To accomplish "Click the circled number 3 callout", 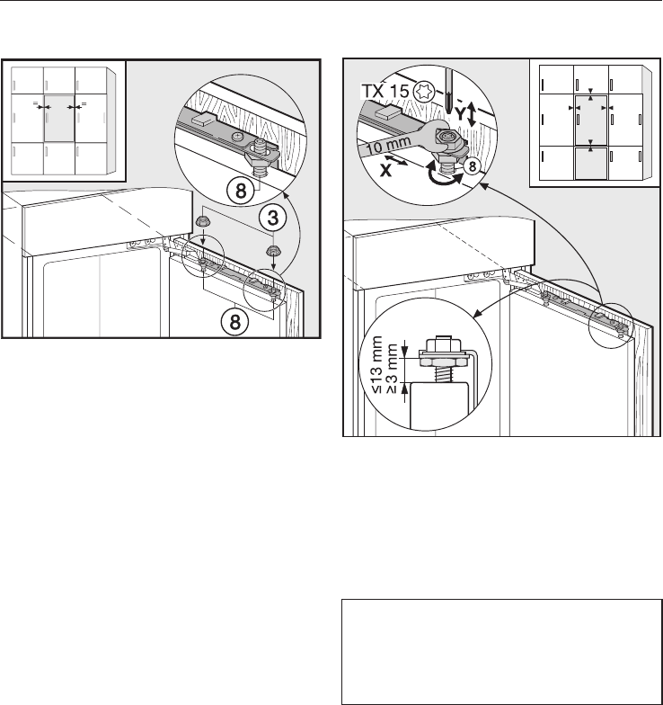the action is (273, 218).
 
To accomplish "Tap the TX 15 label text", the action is (385, 92).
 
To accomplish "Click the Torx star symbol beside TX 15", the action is (424, 92).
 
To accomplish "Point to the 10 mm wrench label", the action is (389, 146).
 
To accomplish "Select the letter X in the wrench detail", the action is (385, 170).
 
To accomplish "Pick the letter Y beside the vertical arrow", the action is (460, 113).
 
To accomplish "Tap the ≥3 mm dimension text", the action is (392, 369).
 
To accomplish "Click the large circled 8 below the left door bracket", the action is (234, 322).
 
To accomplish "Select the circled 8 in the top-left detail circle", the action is (241, 191).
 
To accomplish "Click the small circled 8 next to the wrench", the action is (472, 167).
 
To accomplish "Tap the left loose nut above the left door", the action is (201, 220).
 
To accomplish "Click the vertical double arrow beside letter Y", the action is (471, 114).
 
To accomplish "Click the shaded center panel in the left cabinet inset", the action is (59, 119).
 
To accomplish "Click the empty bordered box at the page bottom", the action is (501, 651).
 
